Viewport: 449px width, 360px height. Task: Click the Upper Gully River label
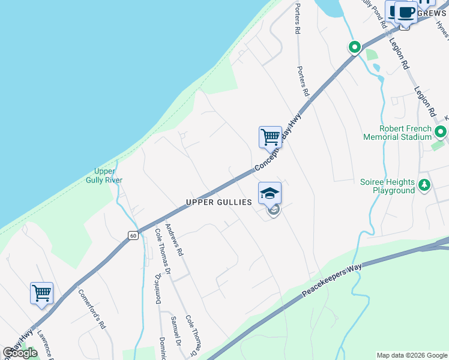(109, 175)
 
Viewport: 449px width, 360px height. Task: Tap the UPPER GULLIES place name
(219, 203)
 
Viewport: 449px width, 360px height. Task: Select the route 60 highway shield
(133, 236)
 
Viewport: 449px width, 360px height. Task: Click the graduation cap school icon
(270, 193)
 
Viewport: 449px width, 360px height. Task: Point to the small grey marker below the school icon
(274, 211)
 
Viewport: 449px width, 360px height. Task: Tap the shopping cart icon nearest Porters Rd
(270, 137)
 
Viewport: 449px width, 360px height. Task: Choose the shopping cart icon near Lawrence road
(41, 293)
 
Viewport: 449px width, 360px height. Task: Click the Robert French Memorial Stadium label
(397, 133)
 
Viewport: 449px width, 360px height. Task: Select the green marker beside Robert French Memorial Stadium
(441, 132)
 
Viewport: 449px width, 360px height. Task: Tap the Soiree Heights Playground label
(387, 186)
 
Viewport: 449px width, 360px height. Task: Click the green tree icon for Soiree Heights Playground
(425, 184)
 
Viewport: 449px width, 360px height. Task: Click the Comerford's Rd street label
(92, 309)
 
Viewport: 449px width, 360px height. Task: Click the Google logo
(20, 353)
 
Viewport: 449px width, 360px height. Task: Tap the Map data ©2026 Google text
(412, 355)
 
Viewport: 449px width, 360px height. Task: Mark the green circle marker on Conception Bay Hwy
(354, 47)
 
